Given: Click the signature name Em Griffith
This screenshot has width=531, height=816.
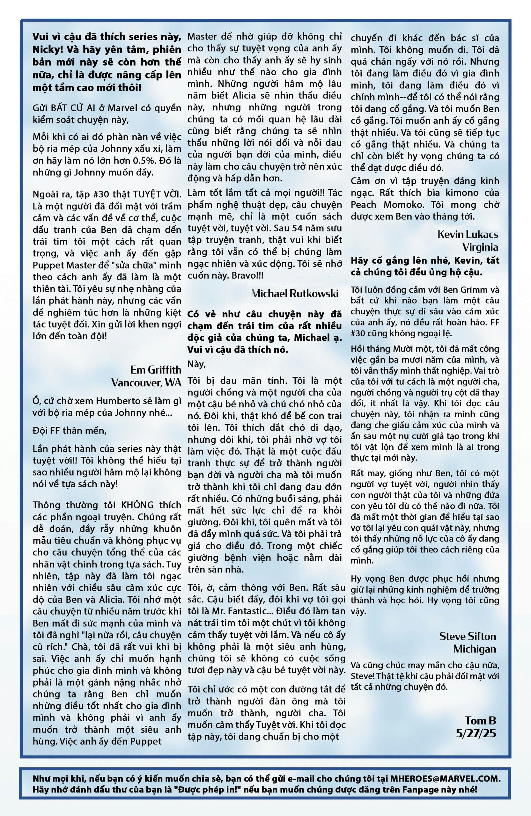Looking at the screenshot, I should (x=156, y=370).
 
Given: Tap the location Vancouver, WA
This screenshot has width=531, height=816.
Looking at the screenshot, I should (x=146, y=382).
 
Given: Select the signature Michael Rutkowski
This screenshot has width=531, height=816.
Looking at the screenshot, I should (x=295, y=294).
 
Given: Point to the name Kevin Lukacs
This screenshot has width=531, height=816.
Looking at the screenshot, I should (x=468, y=235).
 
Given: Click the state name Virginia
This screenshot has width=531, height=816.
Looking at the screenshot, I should (x=480, y=247).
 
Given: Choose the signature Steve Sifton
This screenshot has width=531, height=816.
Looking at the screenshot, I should (x=468, y=636).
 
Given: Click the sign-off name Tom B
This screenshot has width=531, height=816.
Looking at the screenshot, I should (x=480, y=720).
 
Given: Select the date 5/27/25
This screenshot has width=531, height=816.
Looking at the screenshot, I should (x=476, y=733).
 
